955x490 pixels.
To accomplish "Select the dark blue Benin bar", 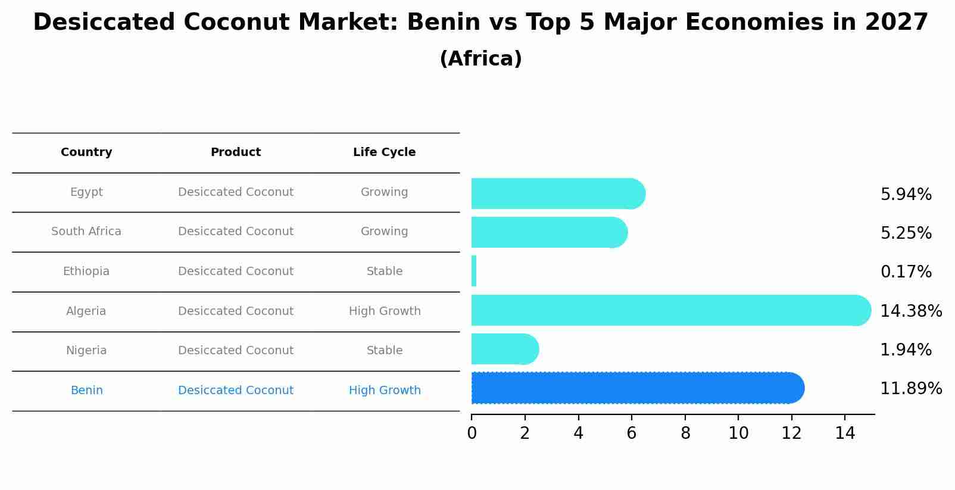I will click(x=637, y=388).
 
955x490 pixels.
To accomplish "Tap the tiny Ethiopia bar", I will click(x=474, y=271).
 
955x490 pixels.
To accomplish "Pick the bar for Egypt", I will click(x=557, y=193).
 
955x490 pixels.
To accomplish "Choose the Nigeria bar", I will click(x=504, y=349).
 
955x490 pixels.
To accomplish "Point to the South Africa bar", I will click(x=548, y=232).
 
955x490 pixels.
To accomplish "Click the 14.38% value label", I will click(x=911, y=311).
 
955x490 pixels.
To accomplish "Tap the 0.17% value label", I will click(x=906, y=272).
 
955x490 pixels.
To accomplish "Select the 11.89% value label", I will click(x=911, y=389).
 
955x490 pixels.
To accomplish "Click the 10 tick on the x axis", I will click(x=738, y=433).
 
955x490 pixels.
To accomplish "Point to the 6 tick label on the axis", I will click(x=632, y=433).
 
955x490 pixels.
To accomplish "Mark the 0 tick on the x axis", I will click(x=472, y=433).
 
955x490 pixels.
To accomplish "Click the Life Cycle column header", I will click(x=384, y=152).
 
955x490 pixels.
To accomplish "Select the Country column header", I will click(x=86, y=152).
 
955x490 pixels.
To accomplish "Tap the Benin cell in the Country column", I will click(x=86, y=391).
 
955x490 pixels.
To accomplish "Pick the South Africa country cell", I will click(x=86, y=232).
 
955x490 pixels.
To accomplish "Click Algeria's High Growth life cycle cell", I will click(x=385, y=311).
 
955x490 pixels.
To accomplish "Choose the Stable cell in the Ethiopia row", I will click(x=385, y=271).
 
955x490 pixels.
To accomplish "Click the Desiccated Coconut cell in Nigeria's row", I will click(x=236, y=351).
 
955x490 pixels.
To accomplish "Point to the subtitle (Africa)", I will click(x=480, y=59).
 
